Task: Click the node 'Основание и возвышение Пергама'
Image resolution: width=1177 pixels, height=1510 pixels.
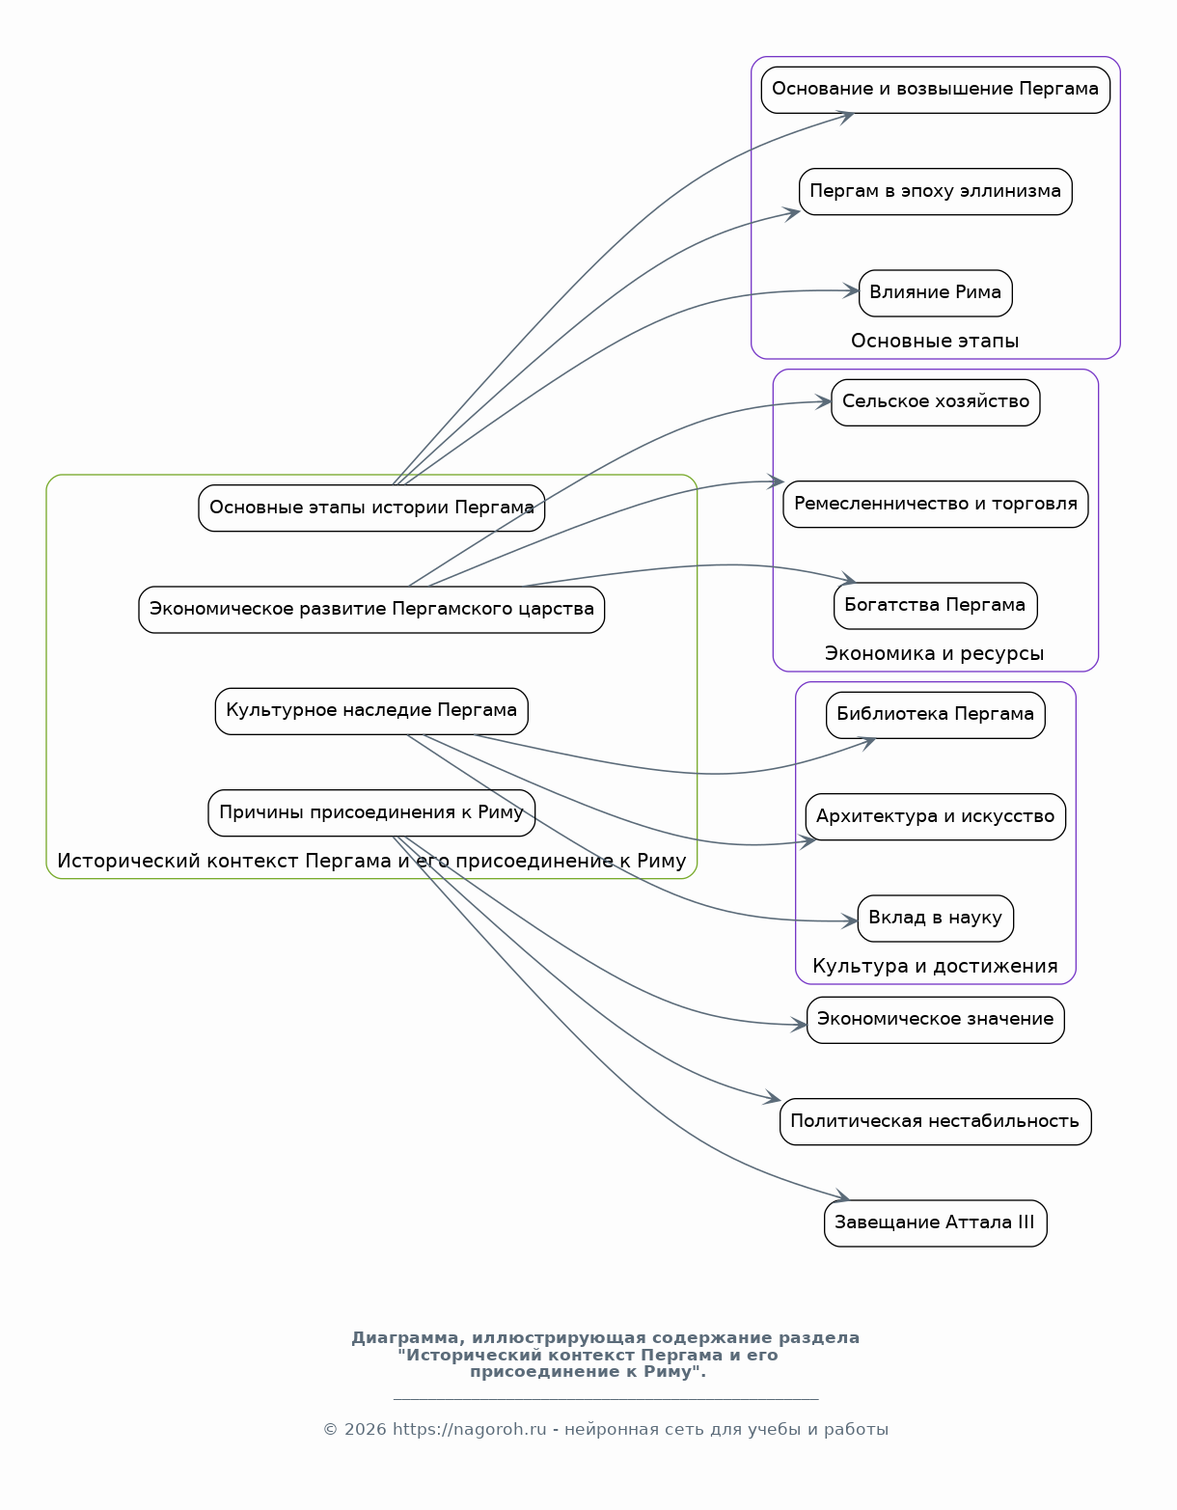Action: [x=935, y=90]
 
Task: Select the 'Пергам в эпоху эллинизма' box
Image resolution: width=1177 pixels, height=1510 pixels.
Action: [x=935, y=191]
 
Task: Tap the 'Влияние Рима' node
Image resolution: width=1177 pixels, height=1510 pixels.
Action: [x=935, y=292]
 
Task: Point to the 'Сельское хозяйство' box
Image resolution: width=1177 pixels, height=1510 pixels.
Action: [x=935, y=402]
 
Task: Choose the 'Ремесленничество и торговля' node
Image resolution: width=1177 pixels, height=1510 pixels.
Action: [x=935, y=504]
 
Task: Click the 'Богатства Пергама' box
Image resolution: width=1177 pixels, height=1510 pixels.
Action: [x=935, y=605]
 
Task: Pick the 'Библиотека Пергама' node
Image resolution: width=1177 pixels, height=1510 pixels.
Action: [x=935, y=715]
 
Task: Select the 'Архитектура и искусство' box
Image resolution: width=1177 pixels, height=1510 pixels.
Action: [x=935, y=816]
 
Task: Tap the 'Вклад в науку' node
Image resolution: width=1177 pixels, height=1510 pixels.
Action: [x=935, y=918]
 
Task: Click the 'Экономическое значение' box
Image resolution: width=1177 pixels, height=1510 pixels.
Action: [x=935, y=1020]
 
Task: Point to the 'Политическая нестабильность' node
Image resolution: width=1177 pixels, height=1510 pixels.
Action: [x=935, y=1121]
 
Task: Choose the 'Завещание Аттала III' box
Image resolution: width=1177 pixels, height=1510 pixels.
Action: [x=935, y=1222]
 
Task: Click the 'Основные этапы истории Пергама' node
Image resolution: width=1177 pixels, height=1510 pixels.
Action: [x=371, y=508]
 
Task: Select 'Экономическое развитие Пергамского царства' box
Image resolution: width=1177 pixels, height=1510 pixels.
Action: [x=371, y=610]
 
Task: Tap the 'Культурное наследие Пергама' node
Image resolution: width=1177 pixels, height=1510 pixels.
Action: [x=371, y=711]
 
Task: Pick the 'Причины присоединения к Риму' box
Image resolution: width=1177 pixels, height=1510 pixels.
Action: [x=371, y=812]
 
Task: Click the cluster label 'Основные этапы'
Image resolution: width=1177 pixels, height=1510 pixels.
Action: [x=935, y=342]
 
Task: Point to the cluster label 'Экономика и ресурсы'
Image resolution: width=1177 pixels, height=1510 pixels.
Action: [x=935, y=654]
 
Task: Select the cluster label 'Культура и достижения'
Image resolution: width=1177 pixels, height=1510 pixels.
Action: [x=935, y=967]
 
